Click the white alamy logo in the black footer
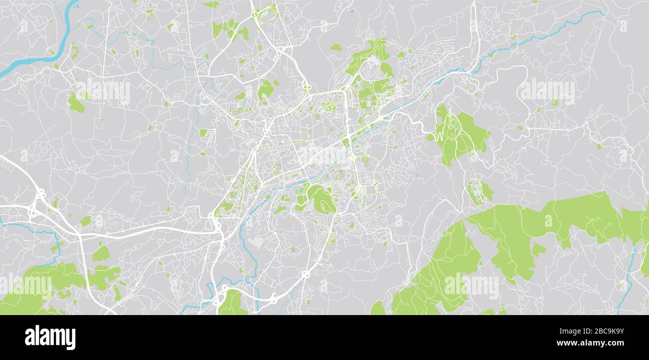[50, 338]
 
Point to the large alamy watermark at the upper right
[547, 90]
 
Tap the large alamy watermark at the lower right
[471, 285]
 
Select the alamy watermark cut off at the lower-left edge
[25, 286]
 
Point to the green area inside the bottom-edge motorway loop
[233, 303]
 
